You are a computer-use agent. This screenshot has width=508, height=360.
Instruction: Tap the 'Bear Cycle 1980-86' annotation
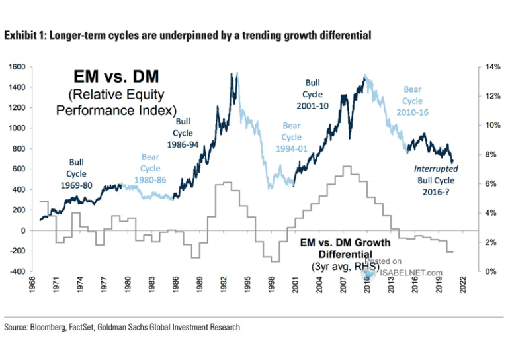(x=150, y=169)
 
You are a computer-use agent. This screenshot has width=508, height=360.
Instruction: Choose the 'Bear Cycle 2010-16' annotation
(x=413, y=101)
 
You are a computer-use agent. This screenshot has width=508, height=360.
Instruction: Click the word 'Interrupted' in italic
(x=437, y=169)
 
